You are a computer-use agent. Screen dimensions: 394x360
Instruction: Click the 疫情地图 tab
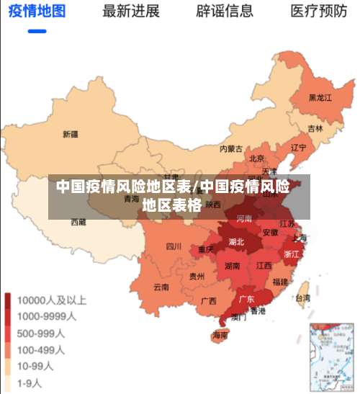click(37, 12)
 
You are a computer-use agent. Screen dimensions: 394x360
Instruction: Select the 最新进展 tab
click(131, 12)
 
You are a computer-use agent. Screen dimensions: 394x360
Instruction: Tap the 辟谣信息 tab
click(225, 12)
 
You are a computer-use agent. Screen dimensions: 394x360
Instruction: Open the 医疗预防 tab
click(319, 12)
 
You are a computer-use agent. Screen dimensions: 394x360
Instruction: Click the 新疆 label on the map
click(70, 134)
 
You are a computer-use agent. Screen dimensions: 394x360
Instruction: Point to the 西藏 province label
click(78, 222)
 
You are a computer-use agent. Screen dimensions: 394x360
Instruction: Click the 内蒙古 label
click(231, 149)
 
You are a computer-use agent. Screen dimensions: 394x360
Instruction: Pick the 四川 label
click(174, 246)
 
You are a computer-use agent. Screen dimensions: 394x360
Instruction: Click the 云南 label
click(161, 287)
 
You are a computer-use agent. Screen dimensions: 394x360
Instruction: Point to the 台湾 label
click(303, 297)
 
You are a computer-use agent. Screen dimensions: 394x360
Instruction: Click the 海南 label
click(220, 336)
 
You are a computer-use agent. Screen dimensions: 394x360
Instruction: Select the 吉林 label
click(315, 129)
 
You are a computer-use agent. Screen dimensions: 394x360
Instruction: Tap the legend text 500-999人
click(42, 333)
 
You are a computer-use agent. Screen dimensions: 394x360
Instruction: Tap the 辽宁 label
click(298, 147)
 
